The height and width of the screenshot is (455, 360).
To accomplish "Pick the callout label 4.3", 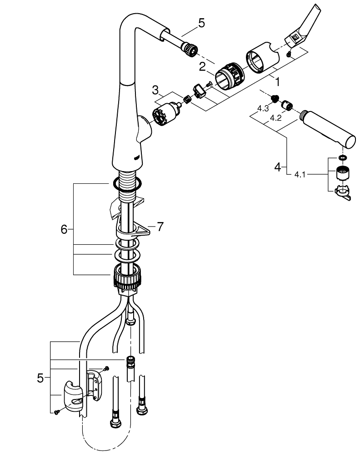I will pyautogui.click(x=263, y=109).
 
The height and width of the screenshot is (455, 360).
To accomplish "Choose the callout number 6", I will pyautogui.click(x=64, y=230).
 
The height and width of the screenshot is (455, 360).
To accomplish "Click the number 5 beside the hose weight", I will pyautogui.click(x=40, y=377).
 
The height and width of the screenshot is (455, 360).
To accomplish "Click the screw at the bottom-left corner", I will pyautogui.click(x=56, y=412).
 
